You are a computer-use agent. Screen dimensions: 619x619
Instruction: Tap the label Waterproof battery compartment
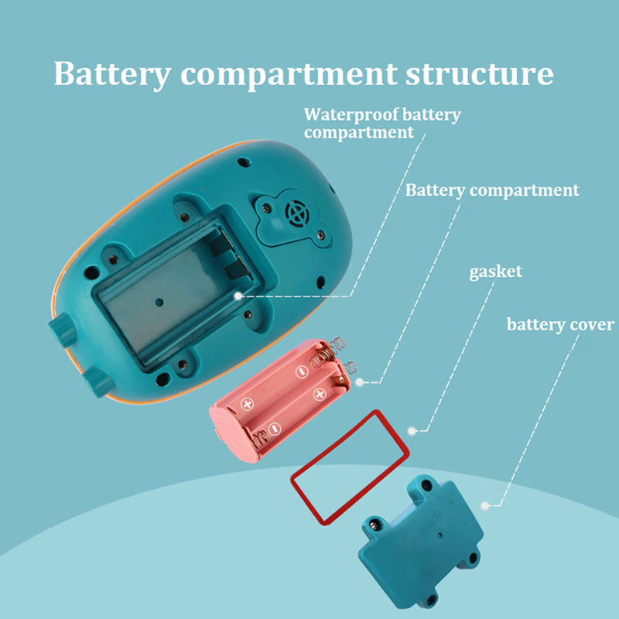coord(381,124)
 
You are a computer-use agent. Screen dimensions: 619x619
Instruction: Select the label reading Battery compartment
coord(492,190)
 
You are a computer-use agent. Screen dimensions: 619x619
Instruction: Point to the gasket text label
coord(495,272)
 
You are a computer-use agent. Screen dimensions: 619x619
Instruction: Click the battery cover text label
coord(560,323)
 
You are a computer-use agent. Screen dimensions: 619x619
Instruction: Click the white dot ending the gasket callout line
coord(412,429)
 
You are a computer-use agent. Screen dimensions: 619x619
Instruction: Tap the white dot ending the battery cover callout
coord(486,505)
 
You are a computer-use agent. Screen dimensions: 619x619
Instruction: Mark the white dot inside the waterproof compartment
coord(239,295)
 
